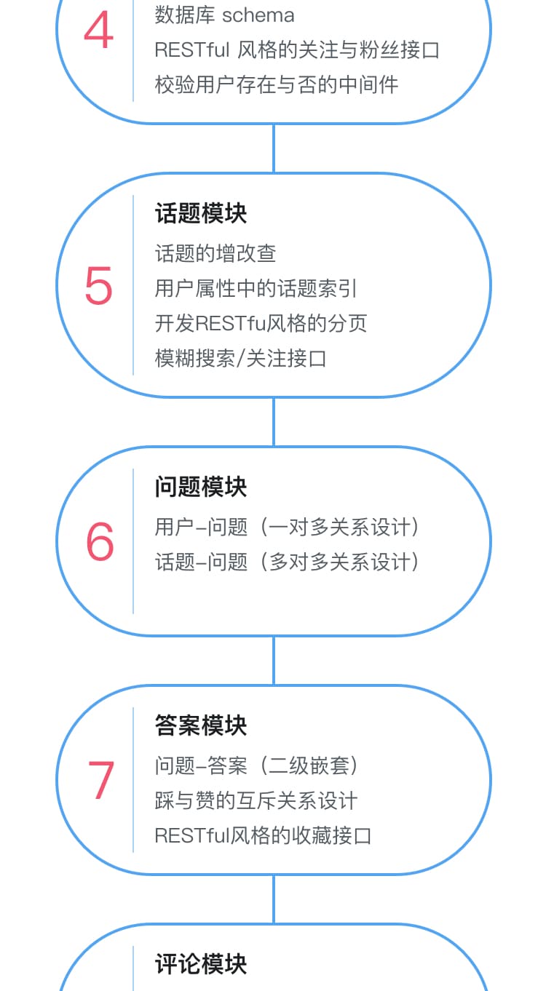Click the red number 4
99,30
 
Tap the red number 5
99,286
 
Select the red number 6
100,541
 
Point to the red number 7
101,781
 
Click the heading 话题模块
201,214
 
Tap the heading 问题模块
201,487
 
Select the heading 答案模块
201,725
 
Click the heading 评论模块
201,964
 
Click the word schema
258,16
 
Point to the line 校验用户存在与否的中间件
277,84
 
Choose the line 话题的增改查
215,253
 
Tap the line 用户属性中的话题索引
256,288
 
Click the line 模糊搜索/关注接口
240,359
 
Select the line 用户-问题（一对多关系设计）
287,527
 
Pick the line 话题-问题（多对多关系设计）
287,562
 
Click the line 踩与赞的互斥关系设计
256,801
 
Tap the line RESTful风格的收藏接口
263,836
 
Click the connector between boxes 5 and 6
274,421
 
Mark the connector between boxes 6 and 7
274,661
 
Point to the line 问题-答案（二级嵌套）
256,766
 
